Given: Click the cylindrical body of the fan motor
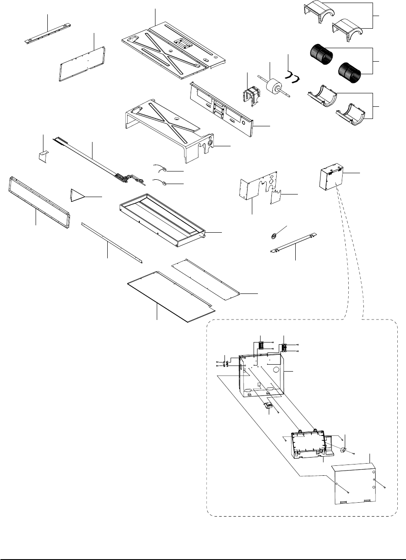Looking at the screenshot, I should (274, 84).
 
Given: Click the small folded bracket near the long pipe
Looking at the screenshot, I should (43, 155).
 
